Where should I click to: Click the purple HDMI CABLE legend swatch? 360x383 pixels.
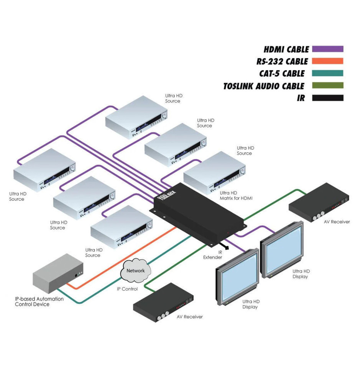(327, 49)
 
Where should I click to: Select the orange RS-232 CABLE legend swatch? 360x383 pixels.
(327, 61)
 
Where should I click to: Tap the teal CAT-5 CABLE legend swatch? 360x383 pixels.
(327, 74)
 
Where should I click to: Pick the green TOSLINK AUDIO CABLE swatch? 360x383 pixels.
(327, 86)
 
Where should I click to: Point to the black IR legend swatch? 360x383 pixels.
(327, 98)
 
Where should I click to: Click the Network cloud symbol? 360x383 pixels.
(136, 271)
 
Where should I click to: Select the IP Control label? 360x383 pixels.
(127, 289)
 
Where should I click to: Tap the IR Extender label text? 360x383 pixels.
(212, 255)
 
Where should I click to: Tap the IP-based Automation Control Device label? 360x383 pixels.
(39, 301)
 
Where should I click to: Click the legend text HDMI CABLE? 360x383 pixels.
(286, 49)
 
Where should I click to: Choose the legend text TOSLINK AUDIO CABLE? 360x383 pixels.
(264, 86)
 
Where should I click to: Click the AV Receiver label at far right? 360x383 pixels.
(335, 222)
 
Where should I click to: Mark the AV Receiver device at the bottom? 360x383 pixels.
(163, 303)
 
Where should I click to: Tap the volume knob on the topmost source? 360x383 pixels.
(164, 115)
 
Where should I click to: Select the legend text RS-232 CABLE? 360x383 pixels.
(282, 62)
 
